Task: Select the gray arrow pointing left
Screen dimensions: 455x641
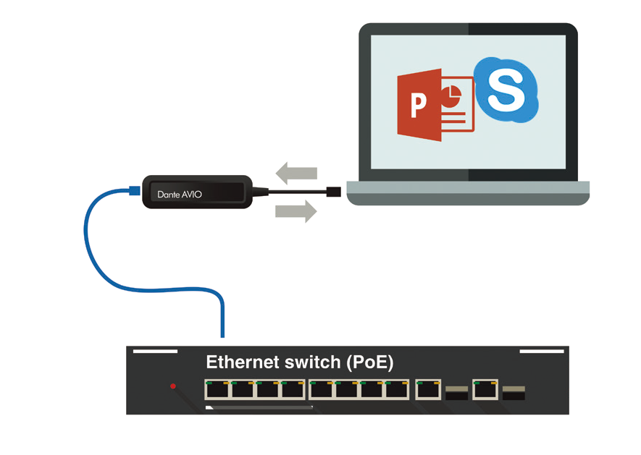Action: coord(296,174)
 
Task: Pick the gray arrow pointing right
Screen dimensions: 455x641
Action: coord(296,211)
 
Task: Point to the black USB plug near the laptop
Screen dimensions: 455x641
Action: coord(332,192)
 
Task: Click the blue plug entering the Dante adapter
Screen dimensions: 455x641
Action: coord(133,191)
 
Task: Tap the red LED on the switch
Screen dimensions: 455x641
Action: coord(173,386)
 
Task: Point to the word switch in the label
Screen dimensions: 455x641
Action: coord(312,362)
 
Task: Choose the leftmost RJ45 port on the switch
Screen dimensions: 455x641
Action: coord(217,390)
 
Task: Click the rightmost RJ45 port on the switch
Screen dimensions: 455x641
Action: coord(485,390)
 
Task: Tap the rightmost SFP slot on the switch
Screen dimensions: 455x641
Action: coord(513,394)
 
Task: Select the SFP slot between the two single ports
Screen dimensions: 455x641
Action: coord(457,394)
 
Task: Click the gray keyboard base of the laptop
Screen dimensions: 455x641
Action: coord(467,192)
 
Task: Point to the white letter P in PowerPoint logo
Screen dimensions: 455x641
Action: coord(419,106)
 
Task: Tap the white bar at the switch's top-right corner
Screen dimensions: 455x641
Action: coord(542,351)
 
